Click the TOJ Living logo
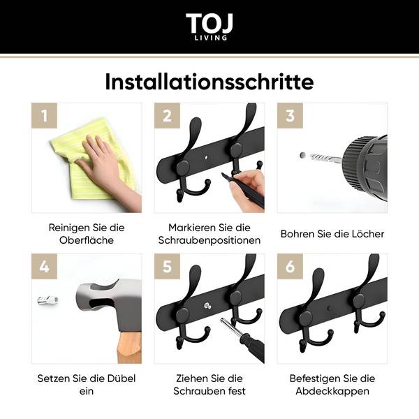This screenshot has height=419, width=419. pyautogui.click(x=209, y=27)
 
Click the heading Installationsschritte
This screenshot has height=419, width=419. pyautogui.click(x=209, y=82)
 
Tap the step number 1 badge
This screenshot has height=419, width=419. pyautogui.click(x=45, y=116)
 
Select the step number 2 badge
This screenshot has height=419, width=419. pyautogui.click(x=168, y=116)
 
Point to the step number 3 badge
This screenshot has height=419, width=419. pyautogui.click(x=291, y=116)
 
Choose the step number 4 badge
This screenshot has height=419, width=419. pyautogui.click(x=45, y=267)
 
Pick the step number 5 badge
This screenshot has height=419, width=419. pyautogui.click(x=168, y=267)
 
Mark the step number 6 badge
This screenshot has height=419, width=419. pyautogui.click(x=291, y=267)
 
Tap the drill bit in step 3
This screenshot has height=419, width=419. pyautogui.click(x=325, y=159)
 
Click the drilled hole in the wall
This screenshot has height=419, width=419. pyautogui.click(x=303, y=155)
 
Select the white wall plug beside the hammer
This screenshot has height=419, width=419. pyautogui.click(x=47, y=300)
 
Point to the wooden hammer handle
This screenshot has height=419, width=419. pyautogui.click(x=129, y=347)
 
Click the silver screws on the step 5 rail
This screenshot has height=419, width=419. pyautogui.click(x=207, y=306)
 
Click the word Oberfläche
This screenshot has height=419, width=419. pyautogui.click(x=87, y=240)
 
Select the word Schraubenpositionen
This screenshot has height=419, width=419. pyautogui.click(x=209, y=240)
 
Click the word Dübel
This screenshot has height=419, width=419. pyautogui.click(x=122, y=378)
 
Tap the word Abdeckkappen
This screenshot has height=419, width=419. pyautogui.click(x=332, y=391)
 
